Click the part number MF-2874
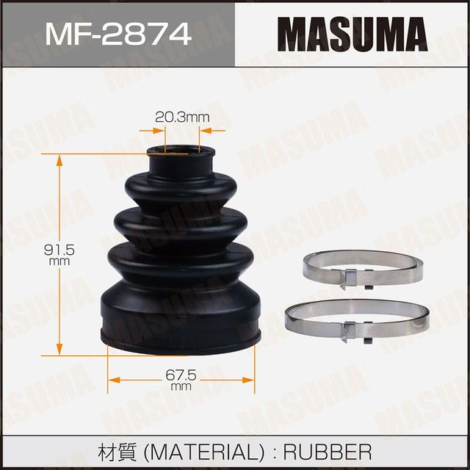(x=117, y=34)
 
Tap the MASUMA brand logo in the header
(x=352, y=34)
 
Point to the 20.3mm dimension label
(x=182, y=116)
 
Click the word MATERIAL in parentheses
(x=201, y=450)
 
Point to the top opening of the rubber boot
(x=181, y=152)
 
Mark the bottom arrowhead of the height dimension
(x=58, y=344)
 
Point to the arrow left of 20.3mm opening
(x=156, y=131)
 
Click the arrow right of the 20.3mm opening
(x=207, y=131)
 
